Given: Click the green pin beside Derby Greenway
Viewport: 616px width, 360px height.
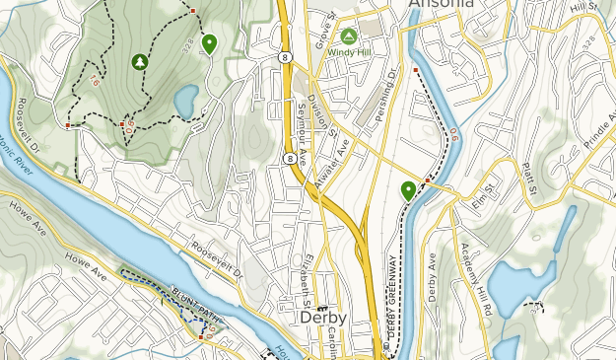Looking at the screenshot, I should click(x=408, y=190).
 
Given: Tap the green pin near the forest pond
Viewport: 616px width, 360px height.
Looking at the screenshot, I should click(x=209, y=43).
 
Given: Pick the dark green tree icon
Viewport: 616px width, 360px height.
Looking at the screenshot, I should click(x=139, y=61).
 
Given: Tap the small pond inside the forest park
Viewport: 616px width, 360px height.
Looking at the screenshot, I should click(x=185, y=100).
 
